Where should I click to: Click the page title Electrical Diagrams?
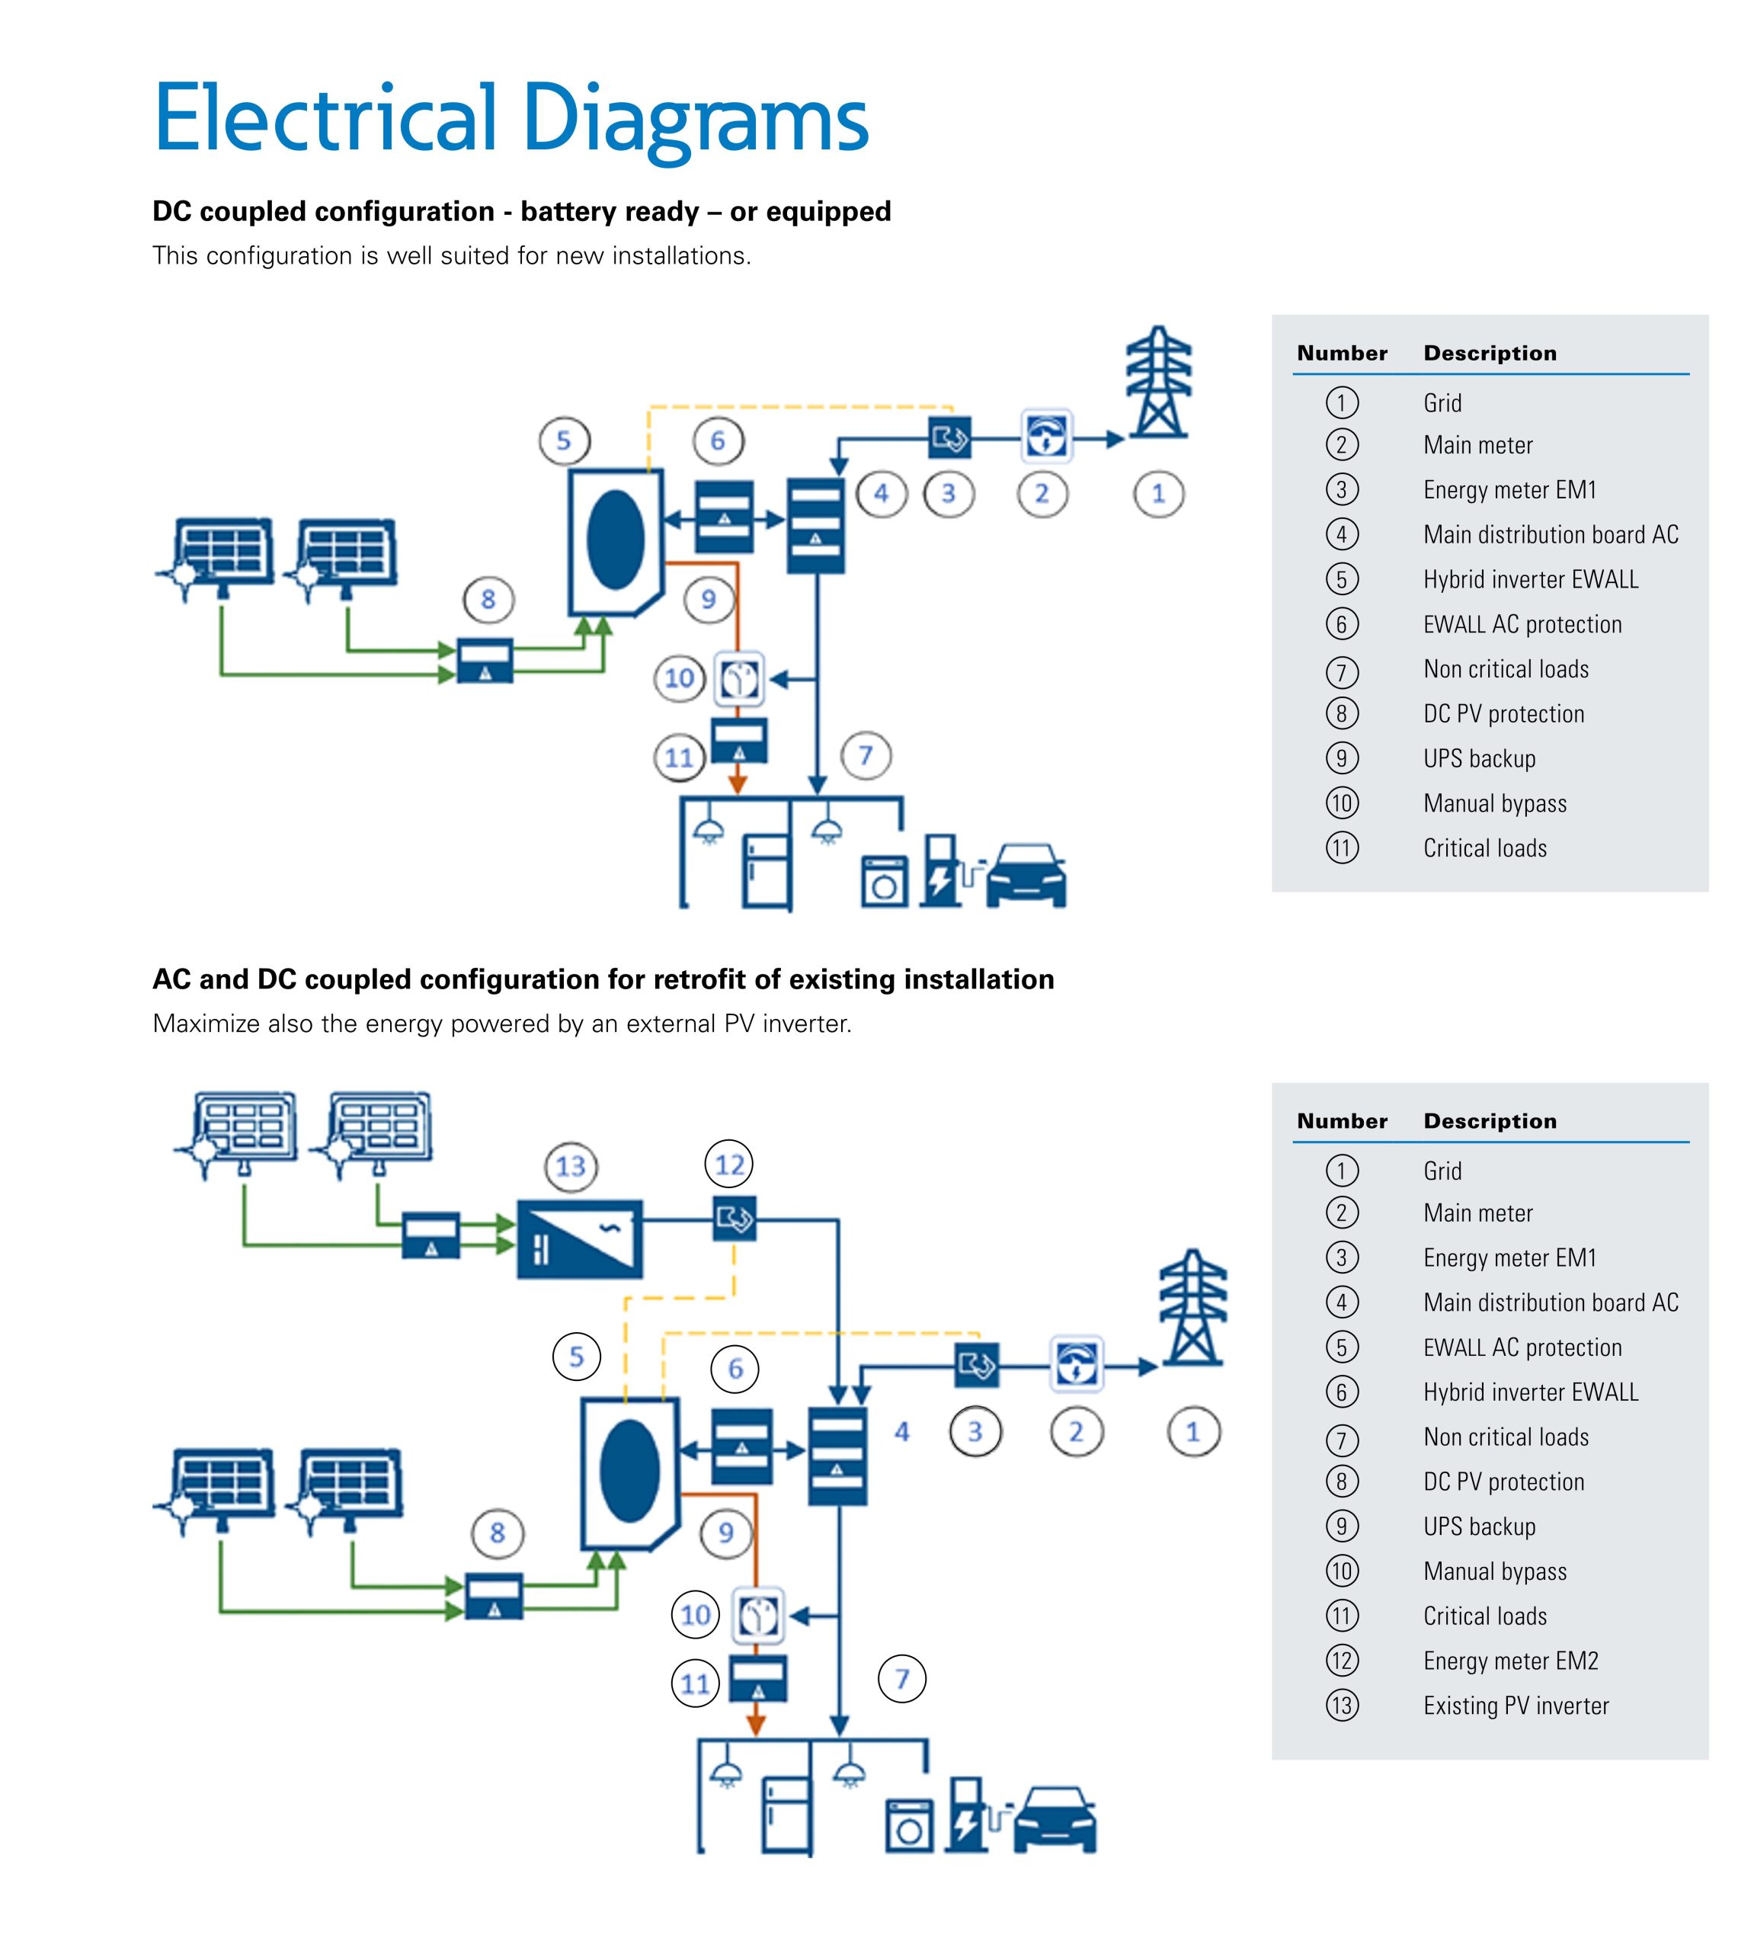point(510,119)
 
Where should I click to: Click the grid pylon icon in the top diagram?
point(1158,383)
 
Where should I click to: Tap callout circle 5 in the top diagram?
point(564,441)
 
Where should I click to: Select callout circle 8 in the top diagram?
point(488,600)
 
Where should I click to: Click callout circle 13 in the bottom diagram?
point(571,1166)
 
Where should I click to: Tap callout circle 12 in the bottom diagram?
point(729,1165)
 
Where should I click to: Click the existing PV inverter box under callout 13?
point(579,1238)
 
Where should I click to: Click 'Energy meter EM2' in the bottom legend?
point(1510,1661)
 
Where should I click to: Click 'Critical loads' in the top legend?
point(1484,848)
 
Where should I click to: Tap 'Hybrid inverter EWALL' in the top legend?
point(1531,579)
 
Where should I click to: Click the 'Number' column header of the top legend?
point(1342,353)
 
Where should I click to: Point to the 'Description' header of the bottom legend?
point(1490,1121)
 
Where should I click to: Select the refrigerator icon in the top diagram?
point(767,871)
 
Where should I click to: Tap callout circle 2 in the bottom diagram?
point(1077,1431)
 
